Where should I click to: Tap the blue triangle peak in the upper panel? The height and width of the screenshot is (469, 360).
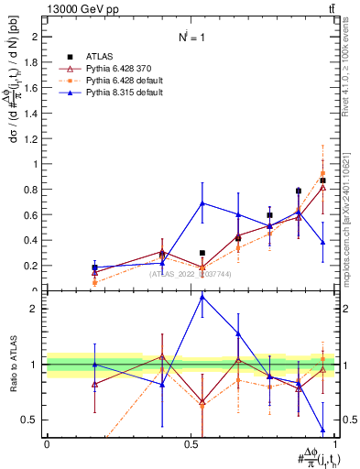click(202, 203)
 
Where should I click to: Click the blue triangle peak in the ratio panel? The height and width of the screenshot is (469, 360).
click(202, 297)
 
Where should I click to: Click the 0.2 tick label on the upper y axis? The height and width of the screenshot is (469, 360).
click(32, 267)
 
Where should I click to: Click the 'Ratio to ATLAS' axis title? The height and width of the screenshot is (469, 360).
click(12, 365)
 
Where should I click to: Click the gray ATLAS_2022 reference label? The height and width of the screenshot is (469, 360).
click(191, 274)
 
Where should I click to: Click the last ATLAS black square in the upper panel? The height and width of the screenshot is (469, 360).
click(322, 180)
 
